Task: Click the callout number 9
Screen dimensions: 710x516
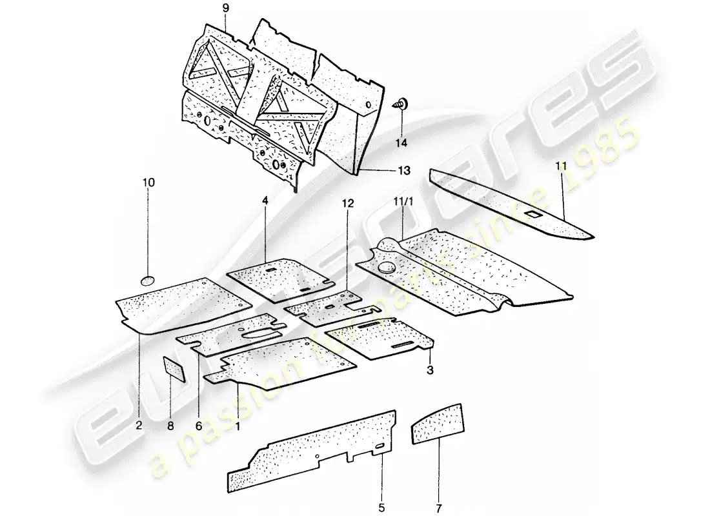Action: (x=226, y=8)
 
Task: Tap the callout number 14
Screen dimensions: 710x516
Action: (x=401, y=143)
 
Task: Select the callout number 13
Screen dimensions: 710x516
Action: (x=404, y=170)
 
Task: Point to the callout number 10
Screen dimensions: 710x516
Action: (x=148, y=183)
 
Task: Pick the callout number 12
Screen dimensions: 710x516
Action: (x=347, y=203)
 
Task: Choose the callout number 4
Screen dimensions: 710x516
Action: (x=265, y=200)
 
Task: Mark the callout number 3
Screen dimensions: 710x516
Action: (x=430, y=370)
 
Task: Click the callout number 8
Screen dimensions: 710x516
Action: (x=170, y=426)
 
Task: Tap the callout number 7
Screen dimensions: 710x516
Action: (x=439, y=508)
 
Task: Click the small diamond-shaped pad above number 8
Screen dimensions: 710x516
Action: (x=174, y=369)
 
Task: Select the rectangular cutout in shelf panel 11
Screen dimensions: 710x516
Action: (x=533, y=213)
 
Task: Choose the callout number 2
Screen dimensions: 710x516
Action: (x=139, y=426)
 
